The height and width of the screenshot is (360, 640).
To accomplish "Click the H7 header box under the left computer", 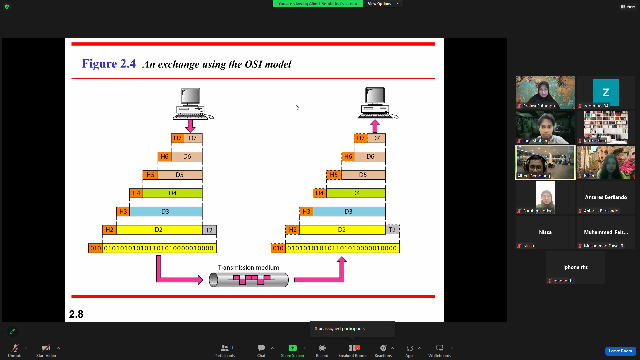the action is pos(178,138).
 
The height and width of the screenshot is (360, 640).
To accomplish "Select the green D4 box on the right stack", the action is pos(356,193).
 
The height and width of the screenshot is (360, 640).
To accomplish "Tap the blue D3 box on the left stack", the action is pos(166,212).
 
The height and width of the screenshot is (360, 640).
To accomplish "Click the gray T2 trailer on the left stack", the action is pos(209,230).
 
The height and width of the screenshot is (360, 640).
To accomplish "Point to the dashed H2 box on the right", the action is pos(293,230).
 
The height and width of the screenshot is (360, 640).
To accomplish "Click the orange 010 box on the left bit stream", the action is pos(95,248).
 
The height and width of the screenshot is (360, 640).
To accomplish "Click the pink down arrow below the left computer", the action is pos(190,126).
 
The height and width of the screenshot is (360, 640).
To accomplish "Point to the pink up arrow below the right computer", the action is pos(375,126).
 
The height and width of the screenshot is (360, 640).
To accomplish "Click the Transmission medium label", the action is pos(249,268).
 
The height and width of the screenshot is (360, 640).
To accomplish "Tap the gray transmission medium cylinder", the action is pos(249,280).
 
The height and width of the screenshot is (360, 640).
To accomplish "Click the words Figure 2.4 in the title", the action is pos(109,64).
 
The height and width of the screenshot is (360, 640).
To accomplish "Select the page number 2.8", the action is pos(76,314).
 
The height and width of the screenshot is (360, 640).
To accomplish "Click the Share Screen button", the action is pos(292,351).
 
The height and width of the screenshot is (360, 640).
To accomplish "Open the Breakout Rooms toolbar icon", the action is pos(353,351).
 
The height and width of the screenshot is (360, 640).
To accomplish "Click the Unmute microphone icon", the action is pos(15,348).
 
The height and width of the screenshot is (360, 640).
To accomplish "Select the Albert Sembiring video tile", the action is pos(545,163).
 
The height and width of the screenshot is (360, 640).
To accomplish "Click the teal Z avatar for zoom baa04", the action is pos(606,92).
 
